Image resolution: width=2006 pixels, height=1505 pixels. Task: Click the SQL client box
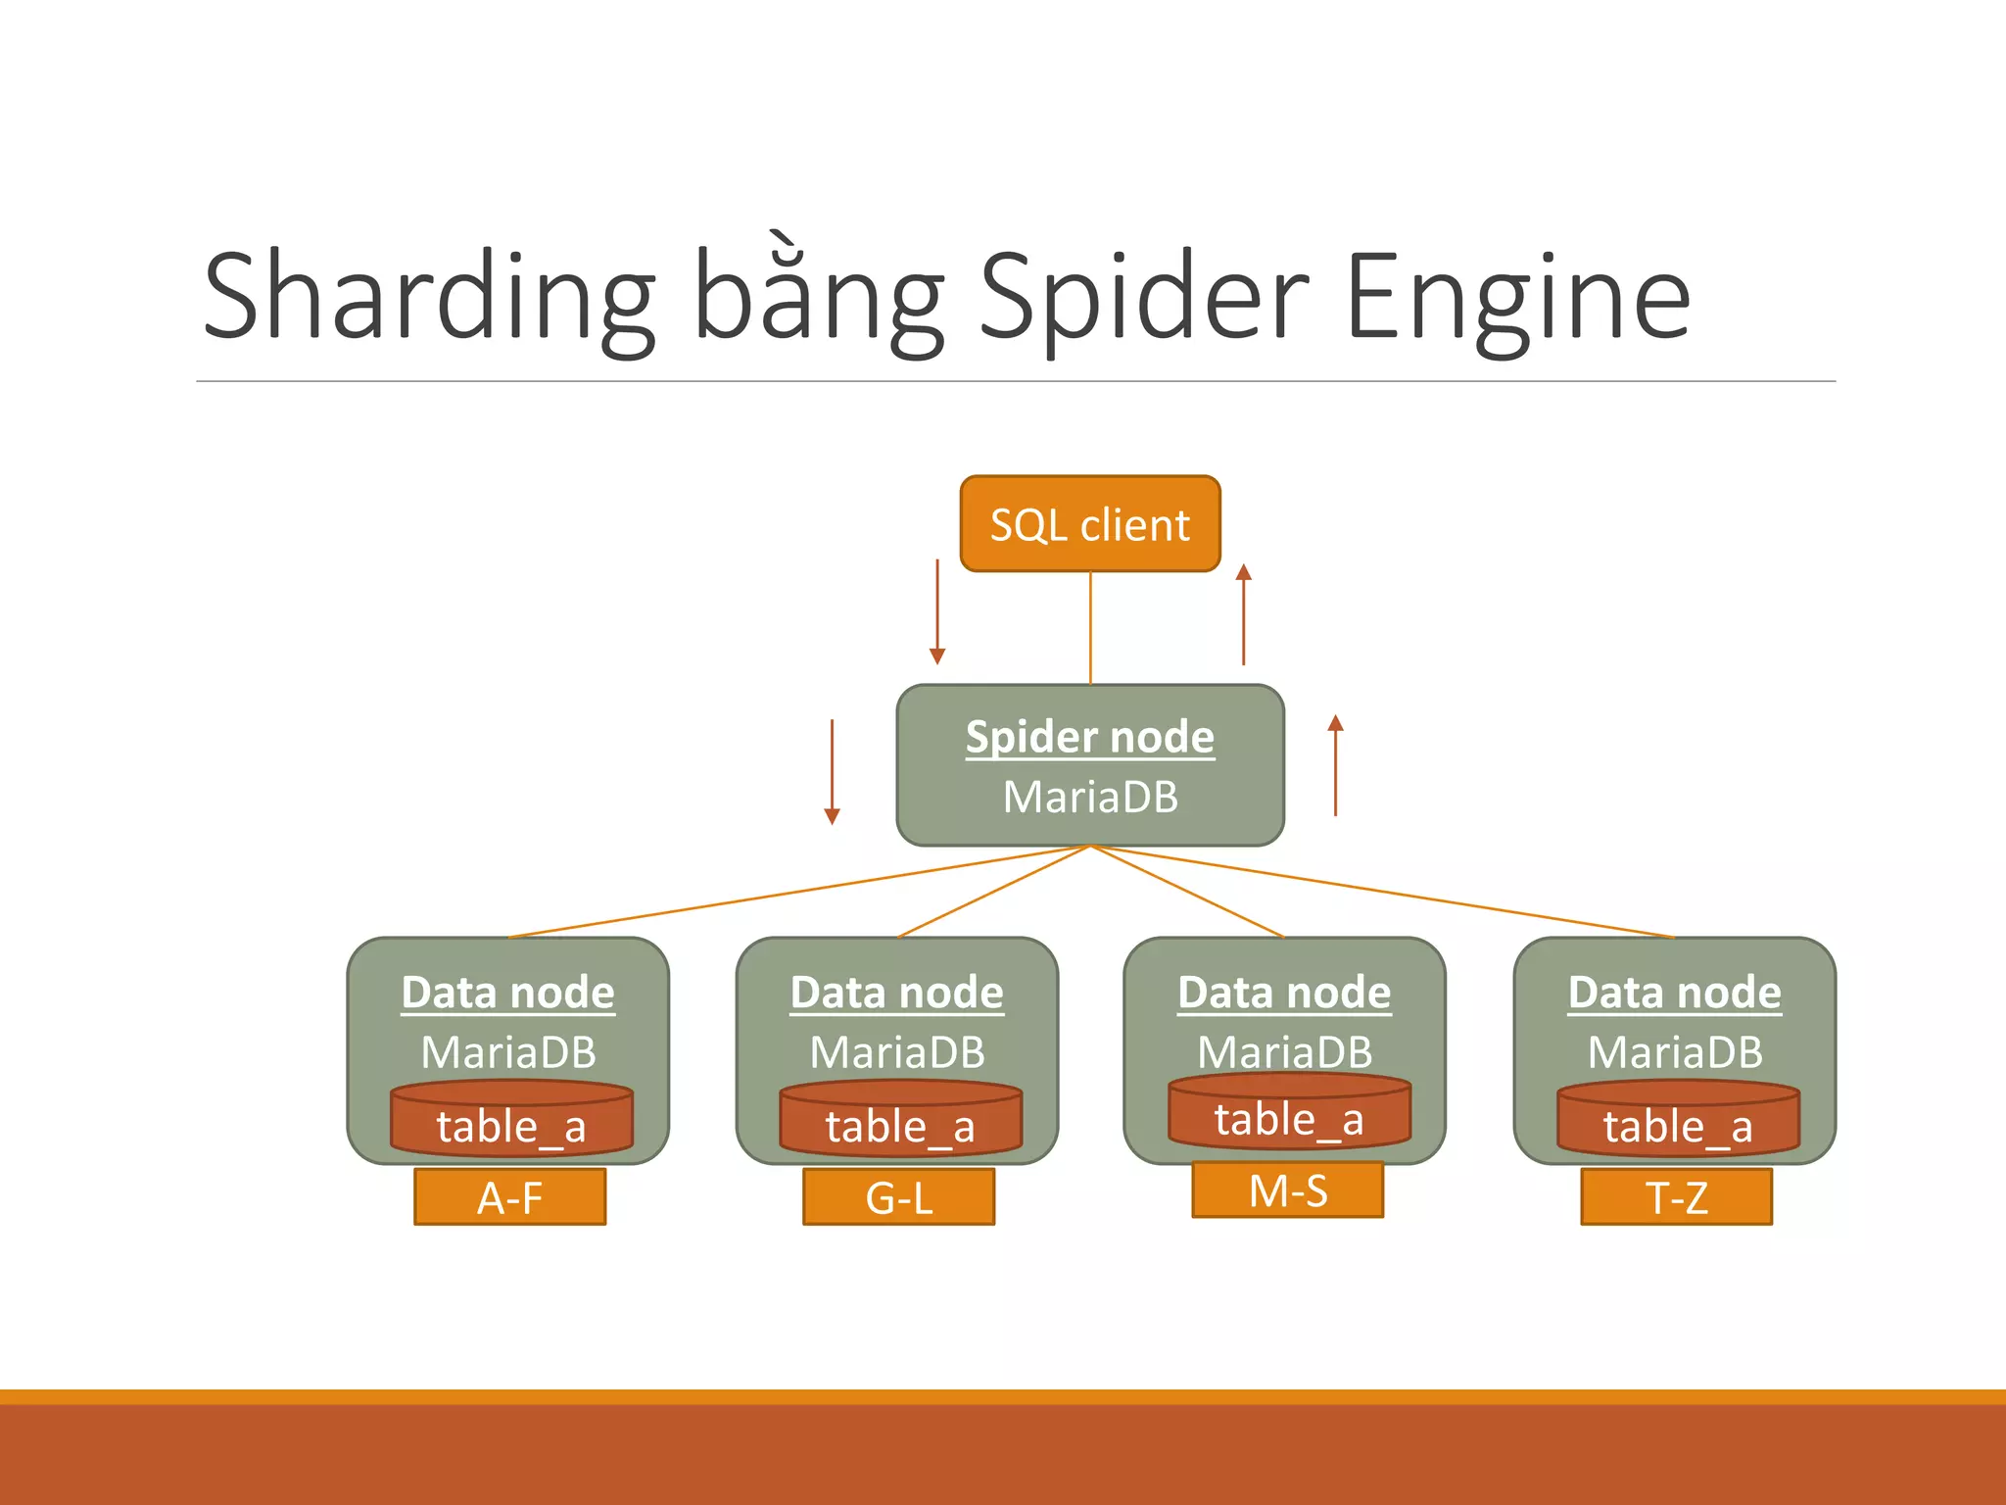point(1089,524)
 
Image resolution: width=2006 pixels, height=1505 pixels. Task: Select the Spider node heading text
point(1089,737)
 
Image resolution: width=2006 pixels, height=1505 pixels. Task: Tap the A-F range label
point(509,1197)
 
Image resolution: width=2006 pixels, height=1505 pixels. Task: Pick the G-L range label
point(898,1197)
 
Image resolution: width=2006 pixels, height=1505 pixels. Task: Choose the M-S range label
point(1287,1190)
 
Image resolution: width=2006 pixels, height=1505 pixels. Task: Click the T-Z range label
point(1676,1197)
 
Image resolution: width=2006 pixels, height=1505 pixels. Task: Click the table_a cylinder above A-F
point(511,1122)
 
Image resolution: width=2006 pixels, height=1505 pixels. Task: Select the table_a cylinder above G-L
point(900,1122)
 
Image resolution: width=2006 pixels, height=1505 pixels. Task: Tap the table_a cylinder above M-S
point(1289,1115)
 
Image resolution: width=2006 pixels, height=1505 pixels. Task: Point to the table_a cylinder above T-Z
point(1678,1122)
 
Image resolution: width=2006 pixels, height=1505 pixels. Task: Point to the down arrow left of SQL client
point(937,612)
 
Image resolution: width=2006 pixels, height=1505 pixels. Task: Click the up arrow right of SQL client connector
point(1244,614)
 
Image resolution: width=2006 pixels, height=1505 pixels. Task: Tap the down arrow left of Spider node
point(832,772)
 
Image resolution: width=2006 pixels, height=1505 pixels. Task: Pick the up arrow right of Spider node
point(1335,765)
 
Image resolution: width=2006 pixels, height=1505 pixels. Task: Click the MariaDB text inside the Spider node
point(1089,797)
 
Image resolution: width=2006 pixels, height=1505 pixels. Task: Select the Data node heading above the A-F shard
point(508,993)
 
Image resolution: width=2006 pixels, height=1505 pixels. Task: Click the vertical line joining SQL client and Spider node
point(1090,627)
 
